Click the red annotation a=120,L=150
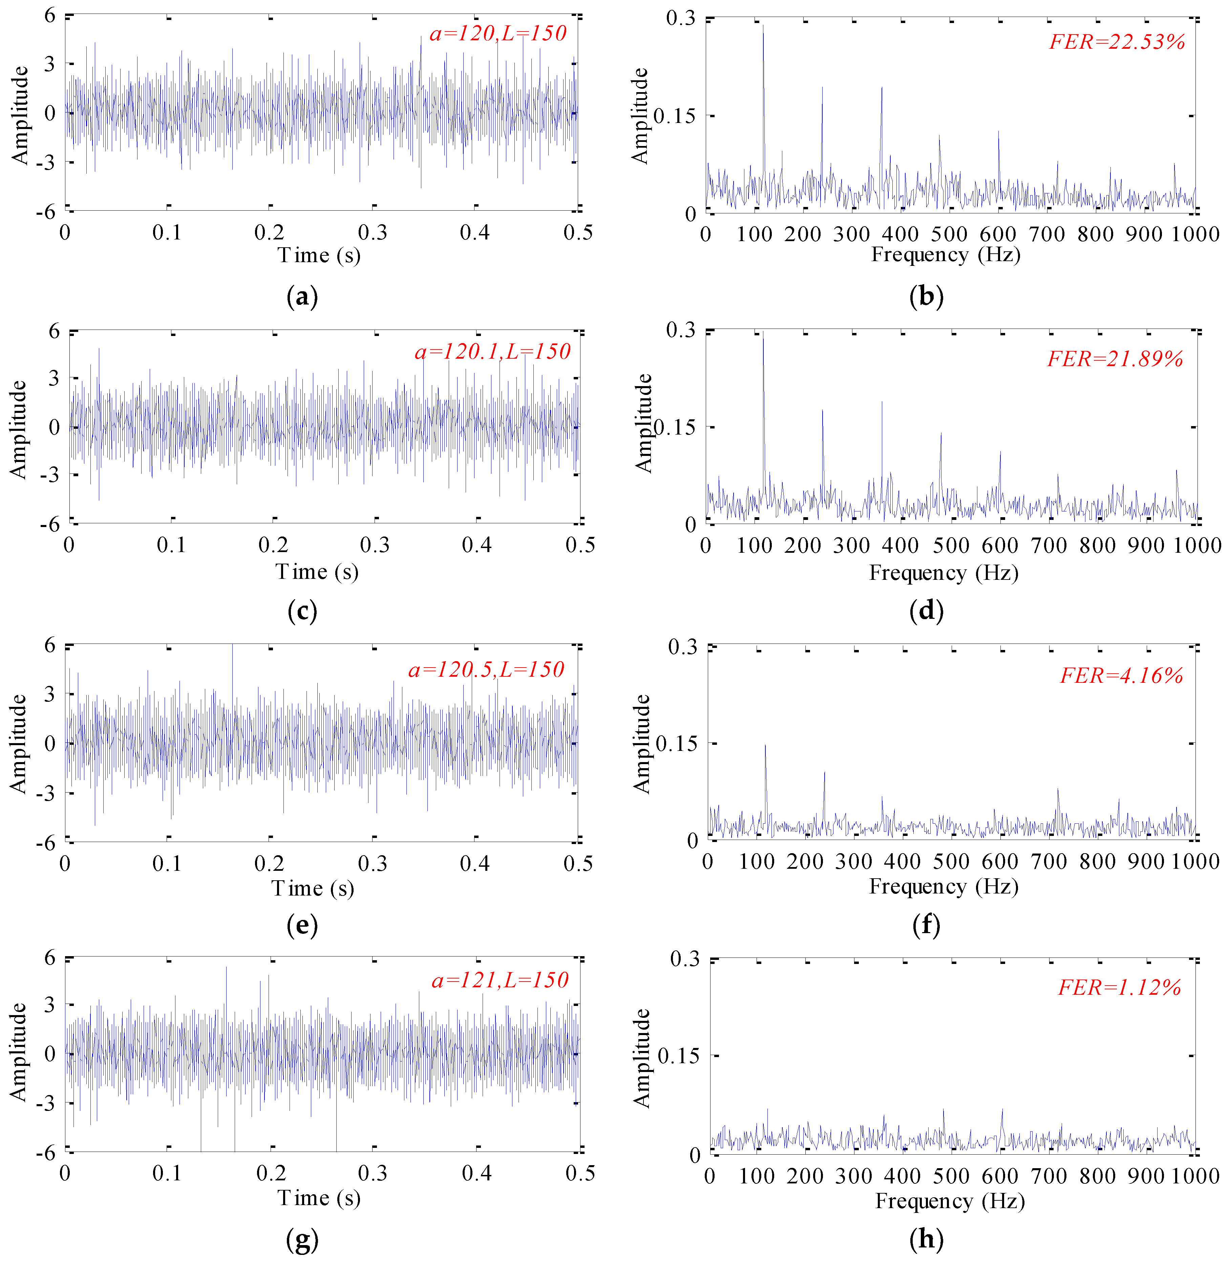(498, 34)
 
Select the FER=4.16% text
(1121, 676)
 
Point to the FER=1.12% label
(1119, 988)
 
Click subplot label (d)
(926, 611)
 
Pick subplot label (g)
(301, 1239)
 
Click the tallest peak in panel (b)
(763, 26)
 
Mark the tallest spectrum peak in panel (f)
(766, 745)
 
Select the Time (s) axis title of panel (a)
(319, 255)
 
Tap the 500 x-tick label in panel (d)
(951, 545)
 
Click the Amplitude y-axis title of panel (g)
(18, 1052)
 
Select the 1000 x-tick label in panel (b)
(1195, 234)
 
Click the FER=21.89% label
(1115, 359)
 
